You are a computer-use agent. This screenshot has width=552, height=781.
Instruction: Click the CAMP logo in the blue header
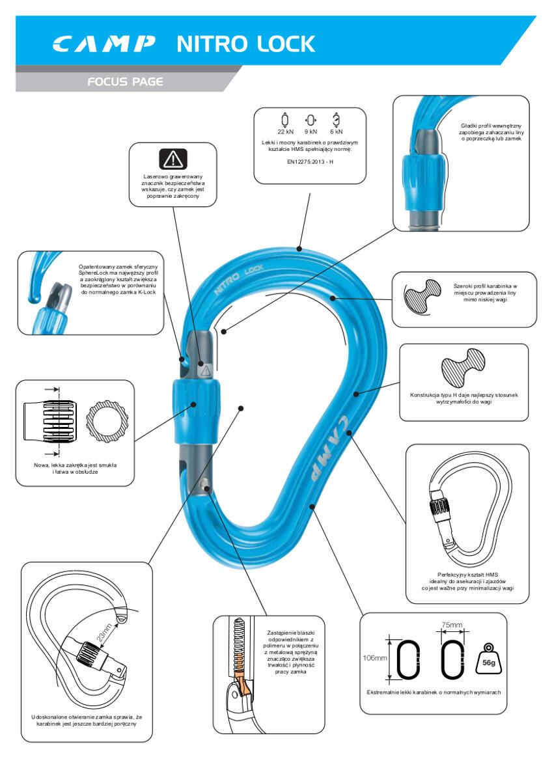click(104, 44)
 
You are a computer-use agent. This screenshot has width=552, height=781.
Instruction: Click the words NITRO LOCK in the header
click(246, 44)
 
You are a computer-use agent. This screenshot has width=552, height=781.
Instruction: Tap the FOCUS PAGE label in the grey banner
click(125, 81)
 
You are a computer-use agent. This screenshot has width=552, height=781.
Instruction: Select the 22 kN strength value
click(285, 131)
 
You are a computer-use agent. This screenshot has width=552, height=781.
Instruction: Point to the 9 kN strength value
click(310, 131)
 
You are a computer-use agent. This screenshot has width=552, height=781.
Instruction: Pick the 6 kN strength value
click(337, 131)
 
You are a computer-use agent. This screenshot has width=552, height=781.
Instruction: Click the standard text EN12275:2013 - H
click(310, 162)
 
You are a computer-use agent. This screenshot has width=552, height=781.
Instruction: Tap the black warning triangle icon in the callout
click(173, 159)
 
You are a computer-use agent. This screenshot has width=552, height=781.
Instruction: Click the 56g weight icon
click(489, 659)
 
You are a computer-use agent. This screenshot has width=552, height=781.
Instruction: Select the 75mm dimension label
click(452, 625)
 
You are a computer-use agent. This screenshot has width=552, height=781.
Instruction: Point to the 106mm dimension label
click(375, 658)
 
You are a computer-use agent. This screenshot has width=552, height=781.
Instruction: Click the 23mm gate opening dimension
click(105, 633)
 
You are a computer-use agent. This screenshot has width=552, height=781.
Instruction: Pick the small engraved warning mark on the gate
click(205, 370)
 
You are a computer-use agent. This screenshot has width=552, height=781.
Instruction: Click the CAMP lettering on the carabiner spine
click(329, 448)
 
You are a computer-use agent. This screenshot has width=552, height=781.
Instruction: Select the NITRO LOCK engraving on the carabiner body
click(238, 279)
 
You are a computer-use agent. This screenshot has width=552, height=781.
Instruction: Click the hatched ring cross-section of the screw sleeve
click(107, 421)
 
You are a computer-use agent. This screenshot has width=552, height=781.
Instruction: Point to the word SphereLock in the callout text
click(94, 273)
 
